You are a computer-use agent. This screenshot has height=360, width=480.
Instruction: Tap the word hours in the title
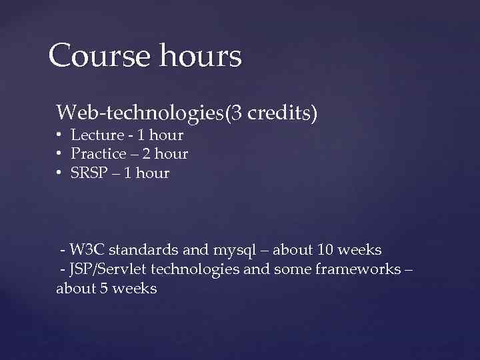tap(200, 56)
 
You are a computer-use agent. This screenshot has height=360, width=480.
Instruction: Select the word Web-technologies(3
tap(149, 113)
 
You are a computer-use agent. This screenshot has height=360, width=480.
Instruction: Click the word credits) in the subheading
tap(282, 113)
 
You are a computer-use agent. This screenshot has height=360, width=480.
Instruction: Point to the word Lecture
tap(97, 135)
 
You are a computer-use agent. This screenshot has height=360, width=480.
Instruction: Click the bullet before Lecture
tap(59, 135)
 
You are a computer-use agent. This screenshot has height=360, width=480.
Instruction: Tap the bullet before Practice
tap(59, 154)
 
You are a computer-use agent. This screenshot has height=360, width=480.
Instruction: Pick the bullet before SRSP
tap(59, 173)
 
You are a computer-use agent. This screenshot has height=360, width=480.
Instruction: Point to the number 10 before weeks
tap(325, 251)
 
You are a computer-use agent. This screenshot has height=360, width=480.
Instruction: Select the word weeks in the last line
tap(136, 289)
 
